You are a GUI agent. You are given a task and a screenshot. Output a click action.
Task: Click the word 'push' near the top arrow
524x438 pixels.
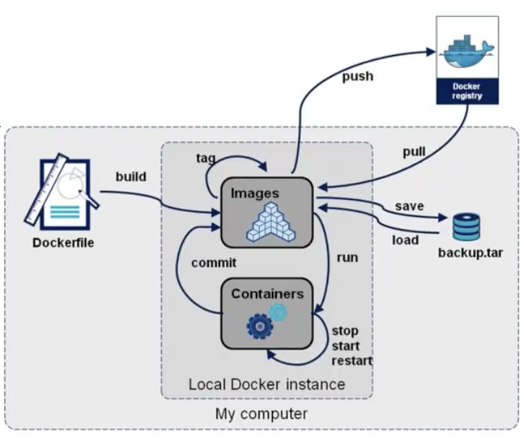[x=357, y=76]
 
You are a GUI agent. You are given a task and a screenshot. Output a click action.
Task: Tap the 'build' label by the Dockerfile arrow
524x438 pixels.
[x=131, y=177]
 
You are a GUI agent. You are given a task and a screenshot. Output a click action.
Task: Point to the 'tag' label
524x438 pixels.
[x=206, y=158]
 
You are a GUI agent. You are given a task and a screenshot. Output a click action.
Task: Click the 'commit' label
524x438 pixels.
[x=213, y=263]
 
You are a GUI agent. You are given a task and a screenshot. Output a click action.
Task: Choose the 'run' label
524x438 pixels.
[x=347, y=257]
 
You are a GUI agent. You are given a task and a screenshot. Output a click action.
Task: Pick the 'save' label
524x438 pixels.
[x=409, y=206]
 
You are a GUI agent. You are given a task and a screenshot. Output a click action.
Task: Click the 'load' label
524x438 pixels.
[x=405, y=239]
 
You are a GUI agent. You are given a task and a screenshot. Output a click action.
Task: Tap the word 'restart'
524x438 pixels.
[x=351, y=361]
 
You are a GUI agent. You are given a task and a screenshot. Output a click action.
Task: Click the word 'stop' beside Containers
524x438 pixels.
[x=345, y=331]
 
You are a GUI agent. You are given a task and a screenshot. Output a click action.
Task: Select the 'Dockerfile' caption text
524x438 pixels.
[x=63, y=244]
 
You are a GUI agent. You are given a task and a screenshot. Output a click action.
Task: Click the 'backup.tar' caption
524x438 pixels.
[x=470, y=252]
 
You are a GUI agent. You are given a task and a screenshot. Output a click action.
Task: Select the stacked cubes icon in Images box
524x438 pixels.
[x=268, y=221]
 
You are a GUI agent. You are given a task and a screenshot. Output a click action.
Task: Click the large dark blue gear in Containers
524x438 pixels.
[x=259, y=326]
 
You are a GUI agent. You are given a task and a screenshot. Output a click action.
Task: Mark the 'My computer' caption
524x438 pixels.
[x=261, y=413]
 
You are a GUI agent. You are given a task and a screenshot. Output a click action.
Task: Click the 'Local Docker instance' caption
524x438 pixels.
[x=266, y=384]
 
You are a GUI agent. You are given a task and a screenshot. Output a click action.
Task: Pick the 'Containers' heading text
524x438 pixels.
[x=267, y=293]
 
